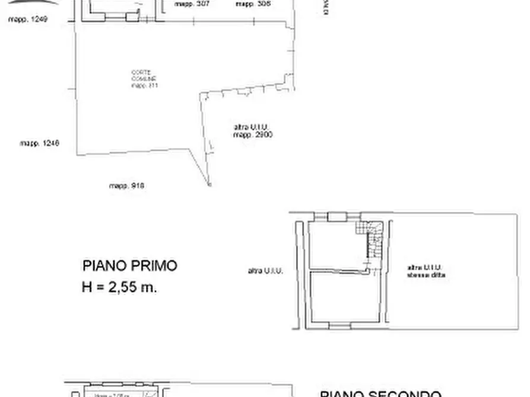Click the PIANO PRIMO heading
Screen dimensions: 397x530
(x=129, y=265)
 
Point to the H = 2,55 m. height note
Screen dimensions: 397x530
(x=119, y=287)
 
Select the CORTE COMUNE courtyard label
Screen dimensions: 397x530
(x=144, y=79)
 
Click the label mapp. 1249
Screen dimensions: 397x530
(x=27, y=19)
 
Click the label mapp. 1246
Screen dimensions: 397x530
(x=39, y=143)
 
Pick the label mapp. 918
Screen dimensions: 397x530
(x=126, y=185)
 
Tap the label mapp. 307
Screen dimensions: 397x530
(x=192, y=4)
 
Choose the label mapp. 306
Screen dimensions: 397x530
(x=253, y=4)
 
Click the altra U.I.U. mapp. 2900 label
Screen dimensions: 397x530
(x=252, y=130)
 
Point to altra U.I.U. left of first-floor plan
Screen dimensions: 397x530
(x=265, y=271)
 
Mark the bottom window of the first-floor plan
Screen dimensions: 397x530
(x=338, y=326)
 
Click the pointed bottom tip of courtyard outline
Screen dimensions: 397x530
(x=209, y=185)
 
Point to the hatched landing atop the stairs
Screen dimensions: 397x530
(x=360, y=228)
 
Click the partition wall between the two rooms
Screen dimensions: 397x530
(x=338, y=271)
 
